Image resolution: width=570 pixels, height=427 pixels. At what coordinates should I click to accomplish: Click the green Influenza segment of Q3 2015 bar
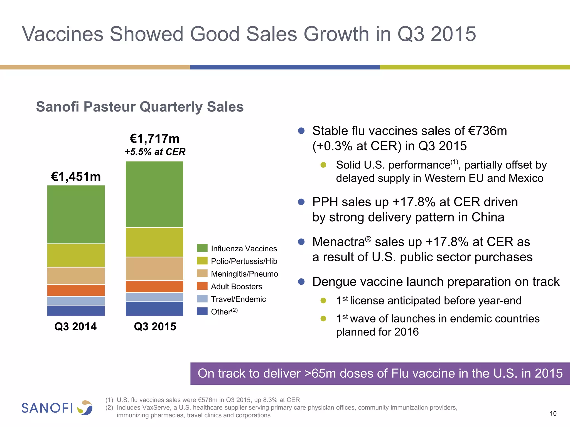coord(154,194)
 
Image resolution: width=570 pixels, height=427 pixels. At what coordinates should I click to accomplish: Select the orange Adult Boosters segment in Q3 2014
coord(76,290)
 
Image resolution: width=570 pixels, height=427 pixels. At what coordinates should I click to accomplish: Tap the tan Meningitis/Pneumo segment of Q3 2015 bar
coord(154,269)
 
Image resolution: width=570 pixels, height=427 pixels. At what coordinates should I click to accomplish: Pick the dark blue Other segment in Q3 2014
coord(76,310)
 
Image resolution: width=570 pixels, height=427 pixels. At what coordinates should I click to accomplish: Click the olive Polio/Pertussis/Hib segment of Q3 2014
coord(76,255)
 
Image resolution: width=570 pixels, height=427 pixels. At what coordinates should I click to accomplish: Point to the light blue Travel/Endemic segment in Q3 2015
coord(154,297)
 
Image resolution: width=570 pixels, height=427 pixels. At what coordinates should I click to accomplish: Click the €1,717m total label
coord(154,138)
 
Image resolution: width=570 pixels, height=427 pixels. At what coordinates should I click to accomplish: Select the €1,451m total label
coord(76,177)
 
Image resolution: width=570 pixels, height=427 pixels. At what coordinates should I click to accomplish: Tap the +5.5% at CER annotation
coord(155,152)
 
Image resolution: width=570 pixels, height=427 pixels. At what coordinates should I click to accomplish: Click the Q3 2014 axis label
coord(75,326)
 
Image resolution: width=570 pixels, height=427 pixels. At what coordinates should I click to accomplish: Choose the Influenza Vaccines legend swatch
coord(202,248)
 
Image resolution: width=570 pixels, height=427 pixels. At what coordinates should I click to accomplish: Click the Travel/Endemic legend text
coord(238,299)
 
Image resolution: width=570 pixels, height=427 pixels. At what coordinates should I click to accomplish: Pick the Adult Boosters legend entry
coord(236,286)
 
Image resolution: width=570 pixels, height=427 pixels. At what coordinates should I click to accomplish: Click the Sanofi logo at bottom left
coord(57,408)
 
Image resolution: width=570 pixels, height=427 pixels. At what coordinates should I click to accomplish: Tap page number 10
coord(553,413)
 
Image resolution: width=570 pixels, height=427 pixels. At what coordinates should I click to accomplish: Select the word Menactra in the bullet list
coord(338,242)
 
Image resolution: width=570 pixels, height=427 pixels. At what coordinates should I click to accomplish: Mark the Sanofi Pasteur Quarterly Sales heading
coord(140,107)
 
